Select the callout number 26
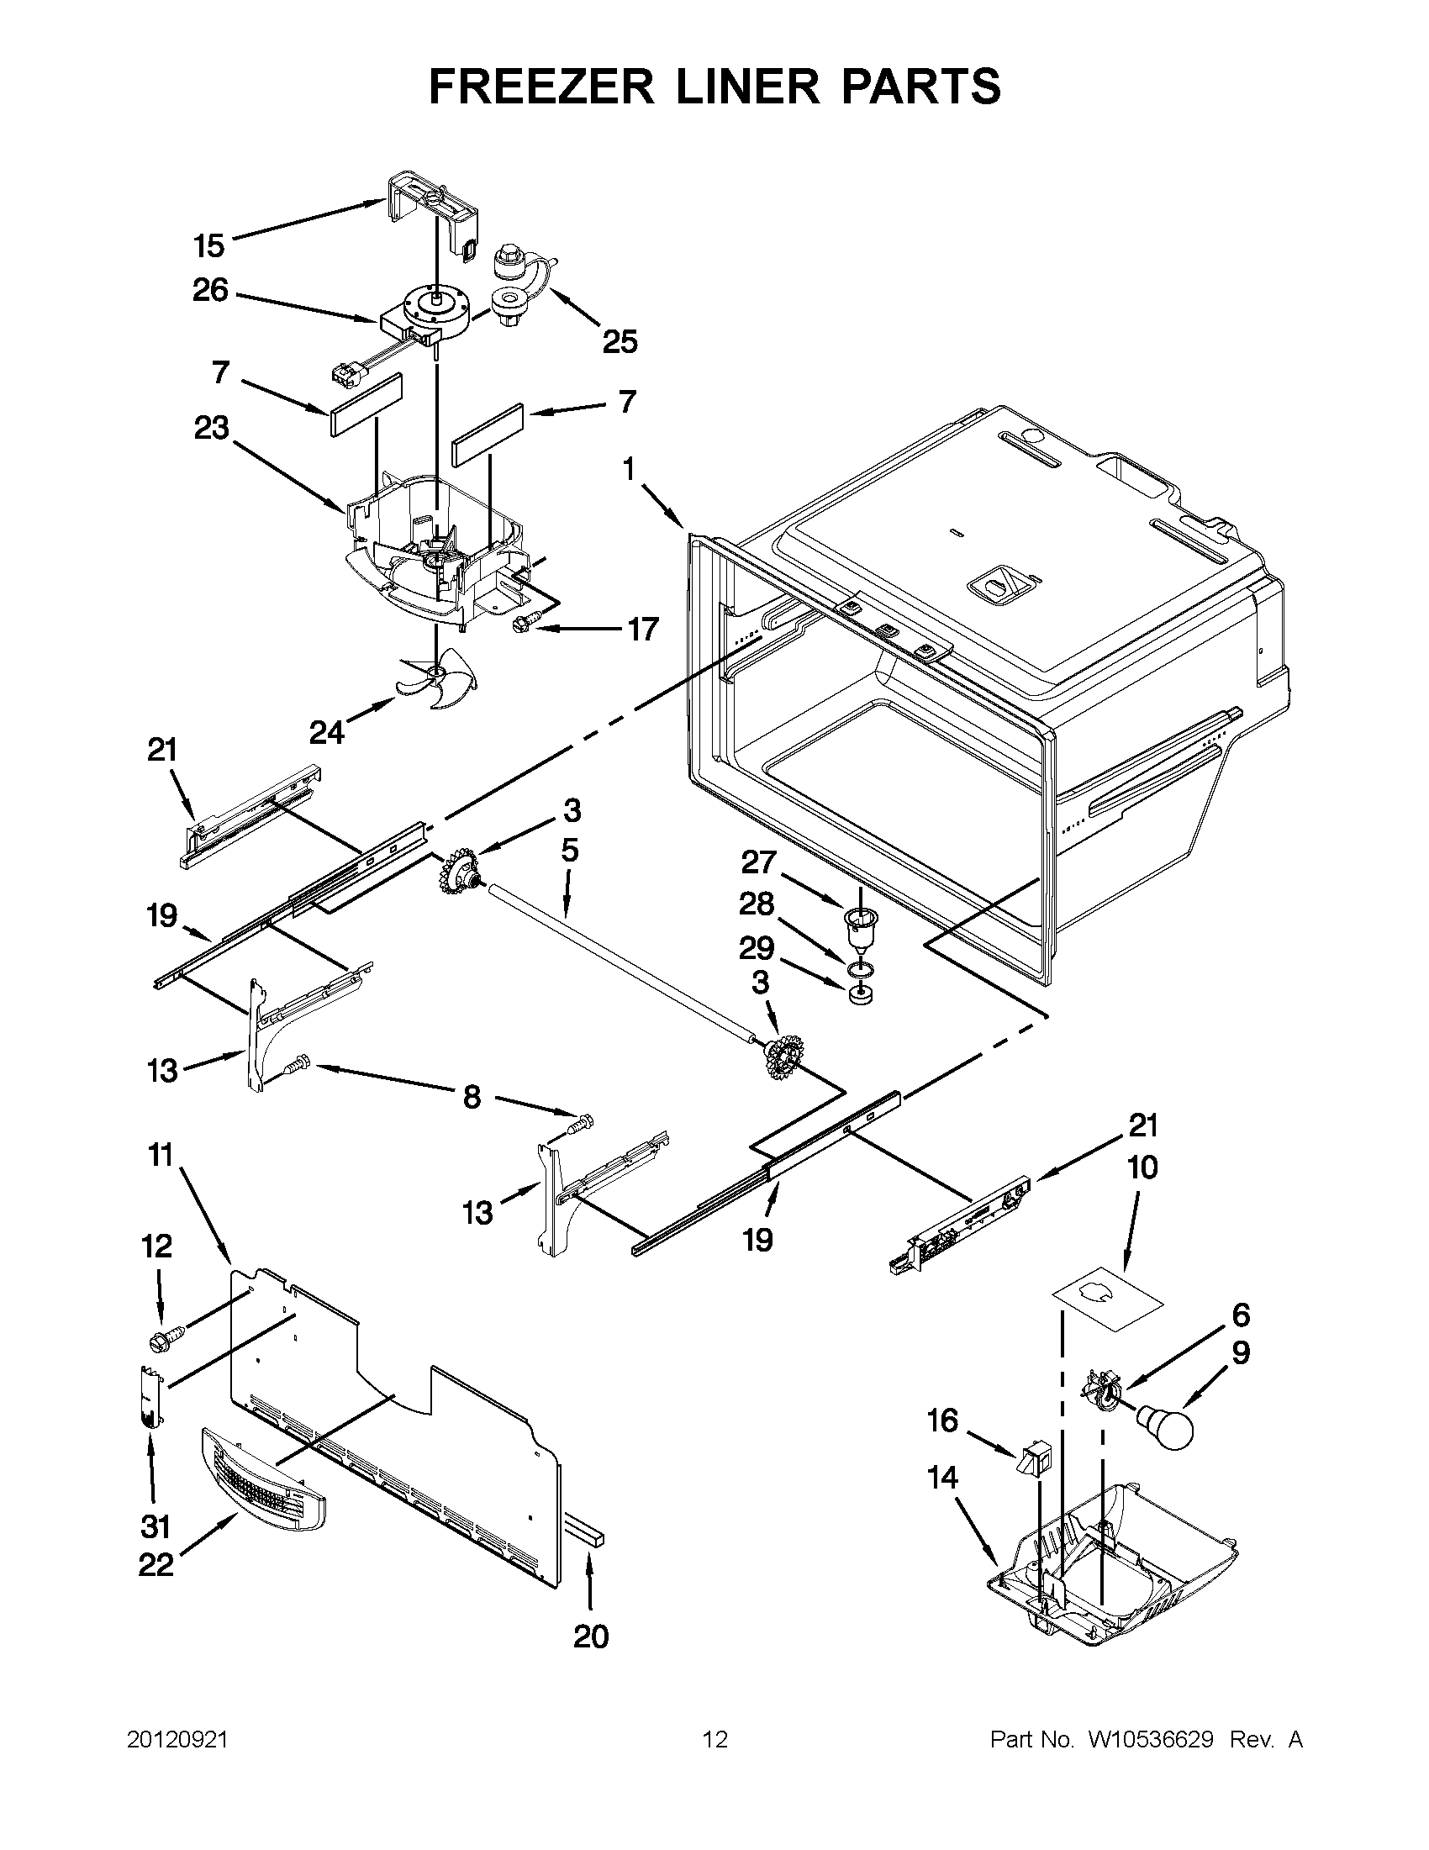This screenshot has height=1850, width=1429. tap(210, 291)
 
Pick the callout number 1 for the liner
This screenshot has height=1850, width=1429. tap(629, 468)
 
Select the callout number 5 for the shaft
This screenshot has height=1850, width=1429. tap(569, 850)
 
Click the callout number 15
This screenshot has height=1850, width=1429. tap(208, 246)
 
